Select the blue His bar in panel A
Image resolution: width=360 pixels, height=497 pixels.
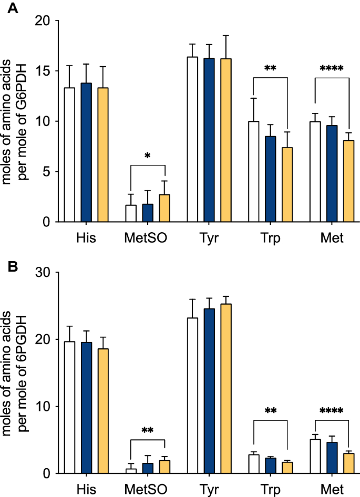tap(85, 152)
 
